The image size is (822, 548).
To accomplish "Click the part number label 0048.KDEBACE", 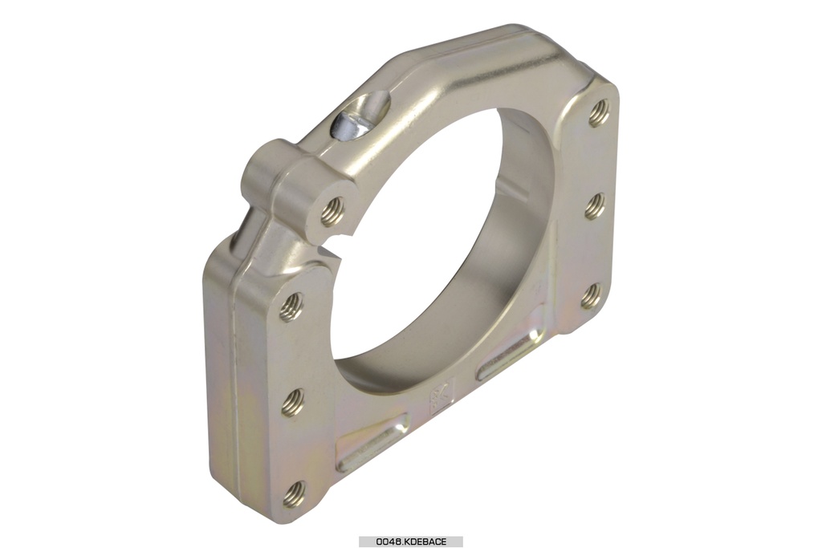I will [410, 542].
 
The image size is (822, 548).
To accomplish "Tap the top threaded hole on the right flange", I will [599, 114].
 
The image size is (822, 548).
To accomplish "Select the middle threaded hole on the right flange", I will [595, 206].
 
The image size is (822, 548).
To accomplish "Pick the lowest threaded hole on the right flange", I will [592, 295].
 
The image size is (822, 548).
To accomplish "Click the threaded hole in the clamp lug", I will [332, 211].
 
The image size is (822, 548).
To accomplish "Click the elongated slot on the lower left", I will [370, 444].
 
